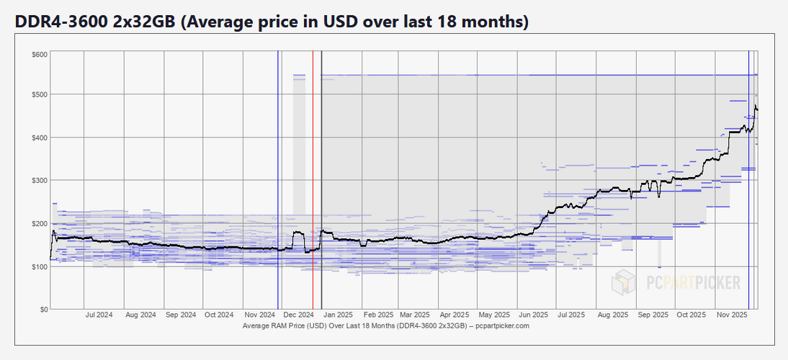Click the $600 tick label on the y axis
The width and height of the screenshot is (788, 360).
tap(40, 55)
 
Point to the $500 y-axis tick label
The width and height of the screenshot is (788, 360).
tap(40, 95)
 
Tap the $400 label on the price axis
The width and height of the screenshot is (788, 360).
tap(40, 138)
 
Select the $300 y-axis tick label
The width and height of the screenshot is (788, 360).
tap(40, 181)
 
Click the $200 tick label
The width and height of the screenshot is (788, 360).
tap(40, 224)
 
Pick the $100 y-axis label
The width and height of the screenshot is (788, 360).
tap(40, 267)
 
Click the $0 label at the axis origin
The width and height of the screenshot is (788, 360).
tap(43, 310)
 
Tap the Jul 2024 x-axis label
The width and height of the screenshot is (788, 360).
tap(99, 315)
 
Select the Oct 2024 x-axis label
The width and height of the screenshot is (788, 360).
tap(219, 315)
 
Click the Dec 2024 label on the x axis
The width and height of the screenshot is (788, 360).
tap(299, 315)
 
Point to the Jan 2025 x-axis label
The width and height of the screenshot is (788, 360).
tap(338, 315)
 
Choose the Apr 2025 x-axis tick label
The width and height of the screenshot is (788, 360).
tap(455, 315)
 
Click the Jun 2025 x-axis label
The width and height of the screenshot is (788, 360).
tap(533, 315)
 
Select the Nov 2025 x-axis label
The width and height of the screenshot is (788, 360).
tap(732, 315)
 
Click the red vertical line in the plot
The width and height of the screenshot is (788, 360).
tap(313, 180)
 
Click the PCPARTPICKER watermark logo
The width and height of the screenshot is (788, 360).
tap(676, 283)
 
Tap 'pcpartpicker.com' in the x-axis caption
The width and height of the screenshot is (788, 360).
tap(503, 326)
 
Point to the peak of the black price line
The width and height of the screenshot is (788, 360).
tap(755, 106)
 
